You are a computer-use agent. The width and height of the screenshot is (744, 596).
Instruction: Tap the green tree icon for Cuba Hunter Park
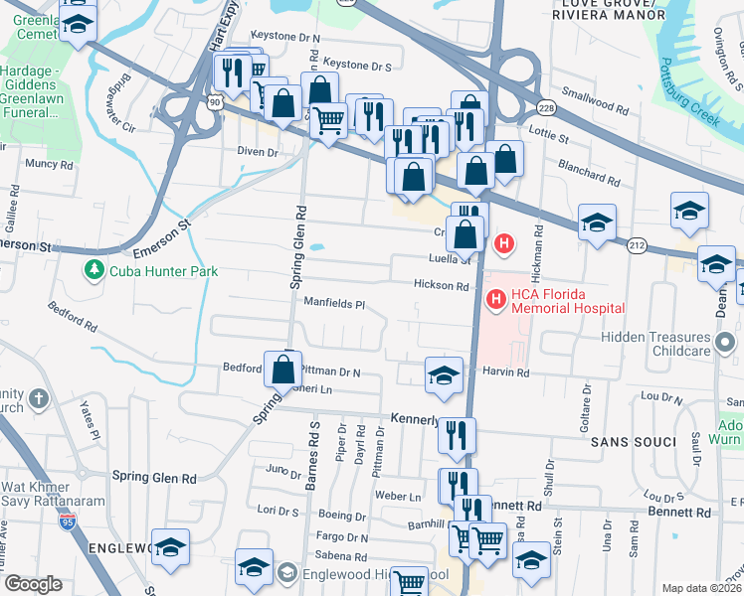coord(94,269)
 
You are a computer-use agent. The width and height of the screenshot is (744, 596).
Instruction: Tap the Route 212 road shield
coord(636,244)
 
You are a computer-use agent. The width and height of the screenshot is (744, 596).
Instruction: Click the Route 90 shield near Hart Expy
coord(214,101)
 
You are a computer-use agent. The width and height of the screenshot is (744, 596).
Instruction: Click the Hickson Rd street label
coord(442,286)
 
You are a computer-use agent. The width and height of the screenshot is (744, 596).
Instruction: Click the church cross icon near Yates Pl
coord(39,399)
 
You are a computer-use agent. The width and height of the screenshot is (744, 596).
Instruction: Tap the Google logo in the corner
coord(33,584)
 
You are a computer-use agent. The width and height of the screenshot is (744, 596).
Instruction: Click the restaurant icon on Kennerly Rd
coord(457,434)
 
